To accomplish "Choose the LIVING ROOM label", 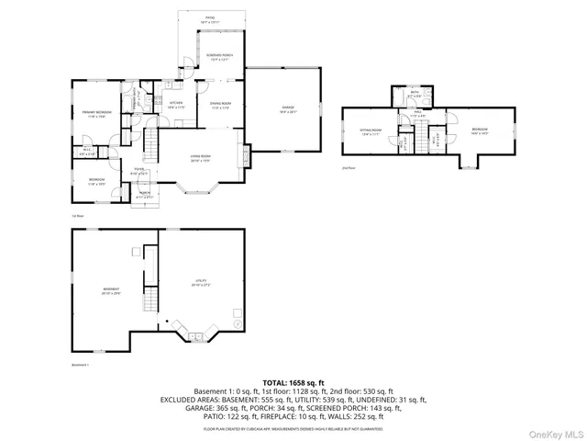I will pyautogui.click(x=201, y=158).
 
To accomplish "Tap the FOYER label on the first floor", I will pyautogui.click(x=140, y=171).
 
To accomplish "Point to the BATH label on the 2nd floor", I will pyautogui.click(x=415, y=94).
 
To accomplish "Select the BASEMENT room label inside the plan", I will pyautogui.click(x=111, y=291).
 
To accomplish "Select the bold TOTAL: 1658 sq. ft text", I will pyautogui.click(x=293, y=381).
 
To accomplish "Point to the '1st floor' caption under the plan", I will pyautogui.click(x=78, y=216).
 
